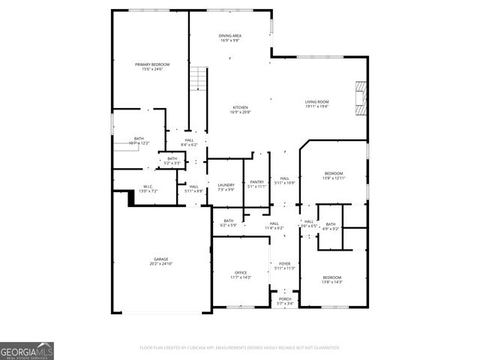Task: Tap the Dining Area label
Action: point(229,36)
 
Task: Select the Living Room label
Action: point(316,102)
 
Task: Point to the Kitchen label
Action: point(240,107)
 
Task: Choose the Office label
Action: point(240,272)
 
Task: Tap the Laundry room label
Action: point(226,185)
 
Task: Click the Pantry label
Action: point(256,181)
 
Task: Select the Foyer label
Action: point(285,264)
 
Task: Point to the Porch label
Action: point(285,298)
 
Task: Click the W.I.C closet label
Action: point(148,187)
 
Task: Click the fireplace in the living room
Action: point(361,97)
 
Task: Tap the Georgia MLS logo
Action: point(27,350)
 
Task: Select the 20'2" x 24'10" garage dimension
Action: point(161,264)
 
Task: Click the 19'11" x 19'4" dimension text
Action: point(316,106)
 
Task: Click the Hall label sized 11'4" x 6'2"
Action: point(274,223)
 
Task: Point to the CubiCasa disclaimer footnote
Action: point(240,348)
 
